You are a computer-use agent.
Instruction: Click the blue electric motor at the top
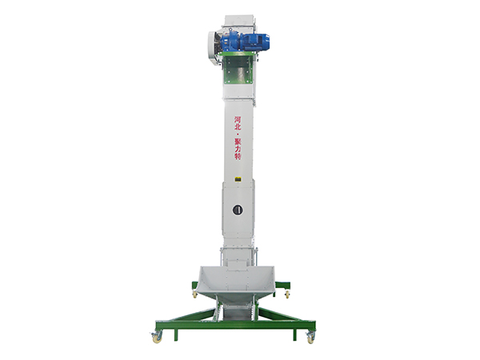pos(245,42)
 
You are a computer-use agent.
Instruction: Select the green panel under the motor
pos(238,68)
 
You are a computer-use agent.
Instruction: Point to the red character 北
pos(238,126)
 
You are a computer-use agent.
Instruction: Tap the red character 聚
pos(238,142)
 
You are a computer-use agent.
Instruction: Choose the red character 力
pos(238,149)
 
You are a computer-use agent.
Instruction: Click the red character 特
pos(238,156)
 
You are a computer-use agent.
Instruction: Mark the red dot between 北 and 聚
pos(238,134)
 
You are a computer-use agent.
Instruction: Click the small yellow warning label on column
pos(238,179)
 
